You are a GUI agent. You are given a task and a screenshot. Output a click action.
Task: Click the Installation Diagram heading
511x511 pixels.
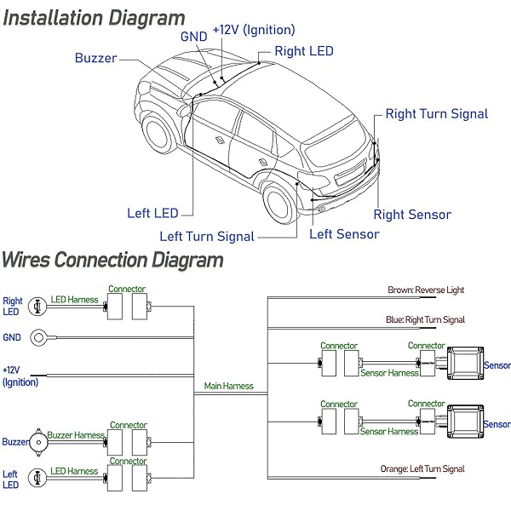click(x=94, y=18)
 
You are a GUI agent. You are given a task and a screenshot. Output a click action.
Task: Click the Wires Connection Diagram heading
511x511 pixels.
click(x=112, y=259)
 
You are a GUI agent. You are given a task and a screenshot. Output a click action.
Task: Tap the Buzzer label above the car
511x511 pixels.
click(x=95, y=59)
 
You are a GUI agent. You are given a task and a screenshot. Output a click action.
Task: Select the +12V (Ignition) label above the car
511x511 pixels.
click(x=254, y=31)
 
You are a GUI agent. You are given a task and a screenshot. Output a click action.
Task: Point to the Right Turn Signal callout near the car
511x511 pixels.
click(x=437, y=113)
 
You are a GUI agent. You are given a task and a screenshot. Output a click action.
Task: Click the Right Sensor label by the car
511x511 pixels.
click(x=412, y=215)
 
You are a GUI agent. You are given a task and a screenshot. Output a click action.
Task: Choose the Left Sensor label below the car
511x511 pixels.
click(x=344, y=233)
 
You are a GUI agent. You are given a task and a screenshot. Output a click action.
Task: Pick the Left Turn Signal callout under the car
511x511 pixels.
click(x=207, y=237)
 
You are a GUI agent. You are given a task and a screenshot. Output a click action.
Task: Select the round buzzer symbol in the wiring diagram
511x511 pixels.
click(x=37, y=441)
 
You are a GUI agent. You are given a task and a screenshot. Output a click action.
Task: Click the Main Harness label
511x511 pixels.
click(x=229, y=386)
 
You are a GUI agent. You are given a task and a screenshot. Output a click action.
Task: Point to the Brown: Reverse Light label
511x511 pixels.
click(x=426, y=290)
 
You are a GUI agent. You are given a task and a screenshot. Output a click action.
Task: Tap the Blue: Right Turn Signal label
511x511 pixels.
click(x=426, y=320)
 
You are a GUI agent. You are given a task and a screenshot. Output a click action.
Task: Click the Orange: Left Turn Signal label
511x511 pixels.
click(x=423, y=468)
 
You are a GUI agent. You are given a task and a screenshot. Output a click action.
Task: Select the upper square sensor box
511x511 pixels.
click(x=464, y=364)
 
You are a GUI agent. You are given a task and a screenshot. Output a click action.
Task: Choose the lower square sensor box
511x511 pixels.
click(x=464, y=422)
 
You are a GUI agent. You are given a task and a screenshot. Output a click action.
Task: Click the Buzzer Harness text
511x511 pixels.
click(x=76, y=435)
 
